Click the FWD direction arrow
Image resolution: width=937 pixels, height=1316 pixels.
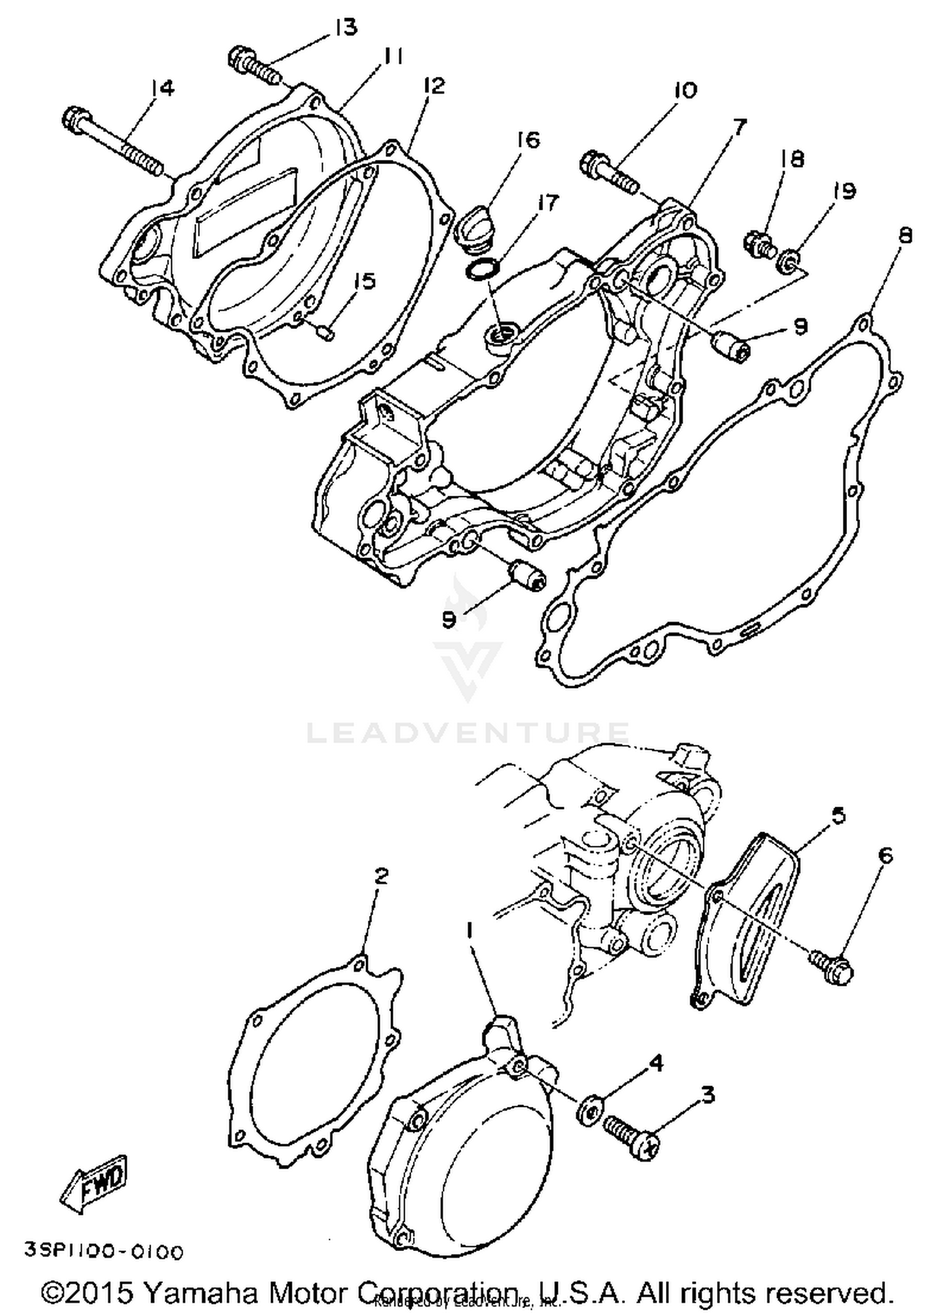tap(95, 1185)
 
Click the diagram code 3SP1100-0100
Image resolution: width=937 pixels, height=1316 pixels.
tap(104, 1252)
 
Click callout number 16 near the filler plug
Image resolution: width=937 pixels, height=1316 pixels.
tap(528, 140)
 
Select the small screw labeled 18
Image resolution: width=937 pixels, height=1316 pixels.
tap(758, 244)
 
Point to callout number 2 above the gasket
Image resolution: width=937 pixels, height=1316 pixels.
tap(380, 877)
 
